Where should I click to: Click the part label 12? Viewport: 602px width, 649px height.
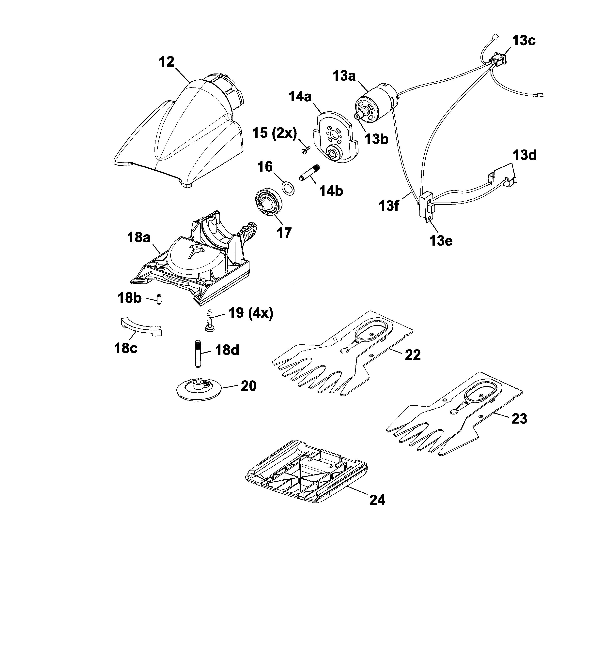[167, 62]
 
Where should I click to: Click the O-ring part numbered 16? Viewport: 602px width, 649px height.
[287, 189]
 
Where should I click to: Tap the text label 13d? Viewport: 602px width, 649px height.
[525, 155]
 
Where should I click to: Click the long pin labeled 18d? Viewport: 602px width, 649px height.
[198, 354]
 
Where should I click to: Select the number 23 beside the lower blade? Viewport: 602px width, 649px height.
[519, 419]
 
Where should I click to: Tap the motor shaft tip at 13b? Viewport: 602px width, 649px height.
[360, 116]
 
